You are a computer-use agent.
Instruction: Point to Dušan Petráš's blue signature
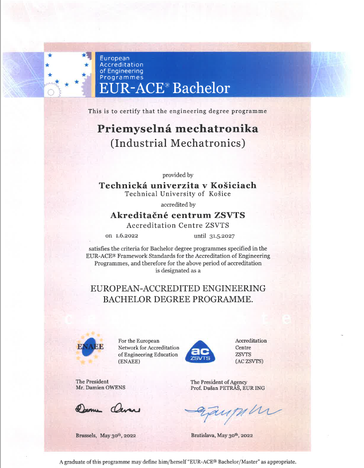tap(233, 411)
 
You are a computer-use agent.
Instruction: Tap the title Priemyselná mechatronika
tap(178, 129)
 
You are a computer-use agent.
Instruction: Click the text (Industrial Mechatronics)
tap(178, 144)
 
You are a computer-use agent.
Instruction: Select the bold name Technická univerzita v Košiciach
tap(178, 185)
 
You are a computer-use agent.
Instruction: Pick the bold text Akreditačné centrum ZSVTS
tap(178, 215)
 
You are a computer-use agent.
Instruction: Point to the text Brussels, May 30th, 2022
tap(106, 435)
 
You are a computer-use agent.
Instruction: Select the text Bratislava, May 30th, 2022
tap(222, 435)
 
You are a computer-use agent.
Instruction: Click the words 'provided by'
tap(178, 175)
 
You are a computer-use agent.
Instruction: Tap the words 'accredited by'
tap(178, 205)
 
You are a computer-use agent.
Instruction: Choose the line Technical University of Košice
tap(178, 194)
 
